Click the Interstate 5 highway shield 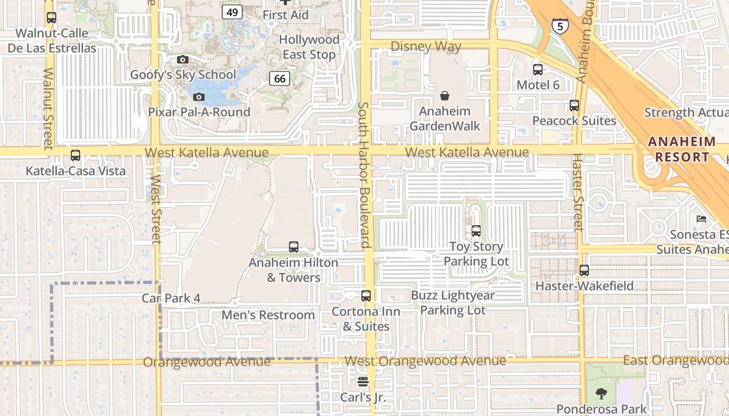560,25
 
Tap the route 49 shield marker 232,11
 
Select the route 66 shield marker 280,79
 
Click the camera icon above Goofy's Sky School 182,60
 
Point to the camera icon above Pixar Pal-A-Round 198,97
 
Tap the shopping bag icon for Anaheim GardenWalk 445,96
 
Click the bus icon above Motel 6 538,69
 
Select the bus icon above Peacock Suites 574,106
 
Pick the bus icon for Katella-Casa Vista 76,155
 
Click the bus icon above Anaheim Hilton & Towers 294,247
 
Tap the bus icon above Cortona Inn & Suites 366,296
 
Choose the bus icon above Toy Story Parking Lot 476,231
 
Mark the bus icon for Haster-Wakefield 584,270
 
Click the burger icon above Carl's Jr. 363,382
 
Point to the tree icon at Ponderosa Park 601,393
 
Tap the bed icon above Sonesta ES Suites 701,219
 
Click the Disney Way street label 425,47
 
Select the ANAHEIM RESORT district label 682,149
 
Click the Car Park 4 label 171,298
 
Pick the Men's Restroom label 268,315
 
